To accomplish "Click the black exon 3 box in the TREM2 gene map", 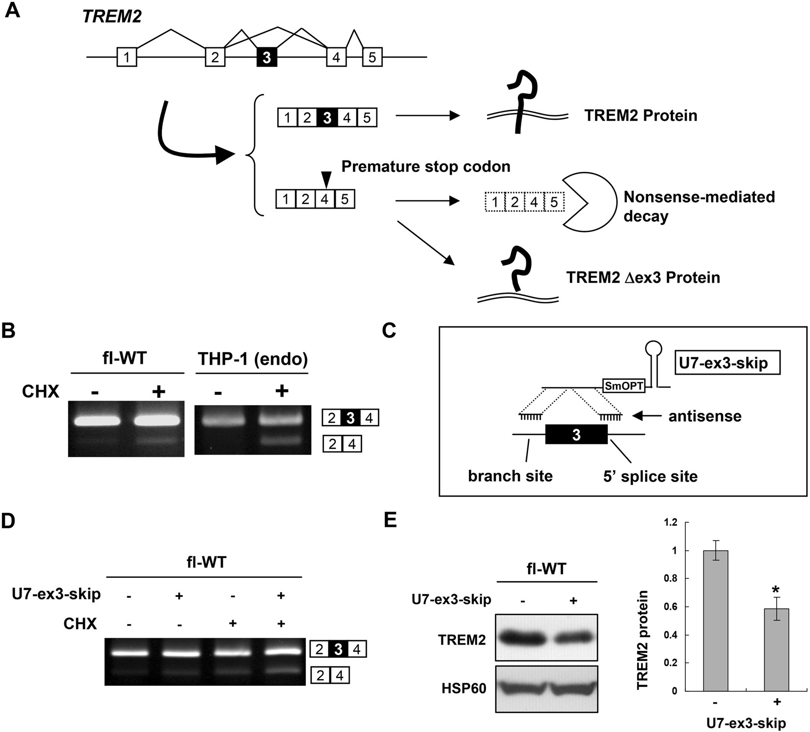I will point(267,57).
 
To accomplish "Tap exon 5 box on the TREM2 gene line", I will point(372,57).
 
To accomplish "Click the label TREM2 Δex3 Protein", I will point(643,277).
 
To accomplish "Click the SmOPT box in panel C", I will point(623,386).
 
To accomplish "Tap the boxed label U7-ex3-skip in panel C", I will point(728,364).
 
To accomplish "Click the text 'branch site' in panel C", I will point(510,476).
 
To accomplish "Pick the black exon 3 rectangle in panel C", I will point(576,434).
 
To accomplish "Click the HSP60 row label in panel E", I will point(463,688).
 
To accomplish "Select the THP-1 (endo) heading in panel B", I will point(252,359).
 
